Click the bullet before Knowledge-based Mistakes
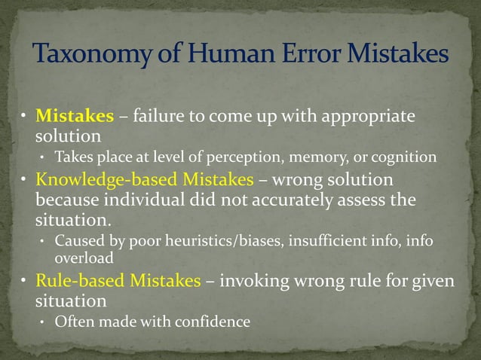pos(25,181)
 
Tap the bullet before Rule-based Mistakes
pos(25,281)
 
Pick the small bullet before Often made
pos(43,322)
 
